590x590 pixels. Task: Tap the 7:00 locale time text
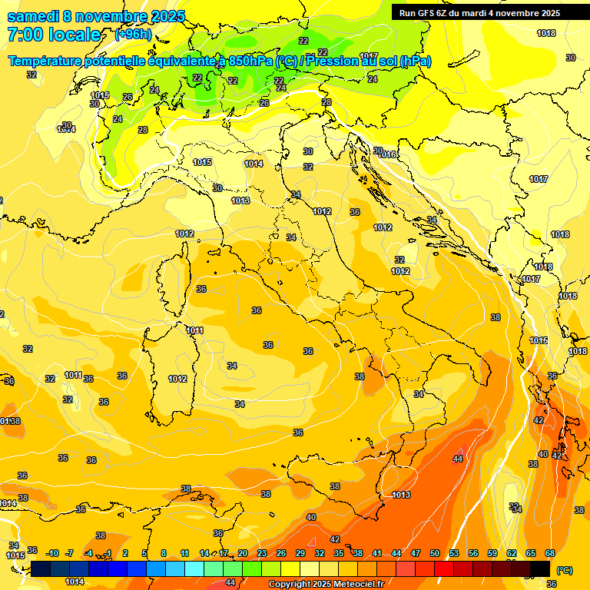[54, 35]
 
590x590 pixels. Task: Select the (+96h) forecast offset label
[133, 35]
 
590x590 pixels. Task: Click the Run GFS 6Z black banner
[479, 13]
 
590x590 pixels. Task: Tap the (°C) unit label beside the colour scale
[564, 570]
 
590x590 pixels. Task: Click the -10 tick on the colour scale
[52, 553]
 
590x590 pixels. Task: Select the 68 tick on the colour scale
[550, 553]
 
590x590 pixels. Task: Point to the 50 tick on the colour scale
[435, 553]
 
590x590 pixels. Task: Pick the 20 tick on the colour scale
[243, 553]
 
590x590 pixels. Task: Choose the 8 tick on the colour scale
[164, 553]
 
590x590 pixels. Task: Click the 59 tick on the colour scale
[492, 553]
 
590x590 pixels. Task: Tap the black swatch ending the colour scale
[540, 568]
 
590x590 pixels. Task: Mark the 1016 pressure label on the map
[387, 155]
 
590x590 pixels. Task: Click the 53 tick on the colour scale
[454, 553]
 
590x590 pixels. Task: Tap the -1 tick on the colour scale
[108, 553]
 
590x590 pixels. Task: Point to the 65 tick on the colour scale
[531, 553]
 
